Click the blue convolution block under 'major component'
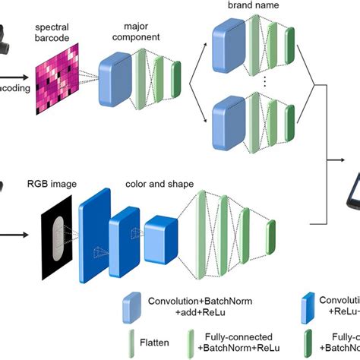click(115, 79)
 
